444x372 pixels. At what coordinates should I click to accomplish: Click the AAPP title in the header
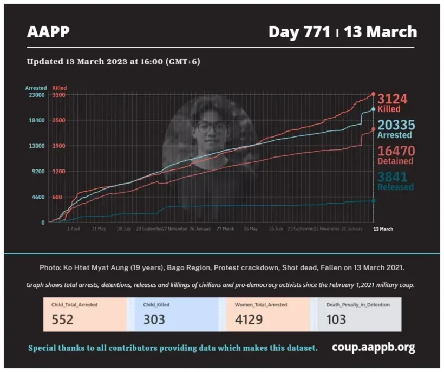tap(48, 32)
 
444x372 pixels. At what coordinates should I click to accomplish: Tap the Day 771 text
tap(299, 32)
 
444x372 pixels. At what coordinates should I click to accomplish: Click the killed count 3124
tap(392, 99)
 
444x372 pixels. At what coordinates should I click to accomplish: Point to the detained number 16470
tap(395, 151)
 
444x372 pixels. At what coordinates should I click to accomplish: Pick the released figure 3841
tap(392, 177)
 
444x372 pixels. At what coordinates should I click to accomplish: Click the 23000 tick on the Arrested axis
tap(37, 95)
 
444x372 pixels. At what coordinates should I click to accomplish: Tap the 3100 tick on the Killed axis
tap(58, 95)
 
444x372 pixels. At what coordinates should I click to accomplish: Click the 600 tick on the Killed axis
tap(57, 197)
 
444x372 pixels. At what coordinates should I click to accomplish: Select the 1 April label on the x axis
tap(74, 229)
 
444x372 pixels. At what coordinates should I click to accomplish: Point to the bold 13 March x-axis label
tap(383, 229)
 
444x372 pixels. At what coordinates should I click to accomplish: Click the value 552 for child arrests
tap(63, 319)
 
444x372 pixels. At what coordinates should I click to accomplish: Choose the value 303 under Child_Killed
tap(154, 319)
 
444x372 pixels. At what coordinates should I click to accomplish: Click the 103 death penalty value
tap(336, 319)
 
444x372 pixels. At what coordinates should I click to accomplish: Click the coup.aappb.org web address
tap(373, 347)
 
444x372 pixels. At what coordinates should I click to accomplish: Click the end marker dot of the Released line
tap(373, 201)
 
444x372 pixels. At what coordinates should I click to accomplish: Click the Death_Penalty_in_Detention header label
tap(358, 305)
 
